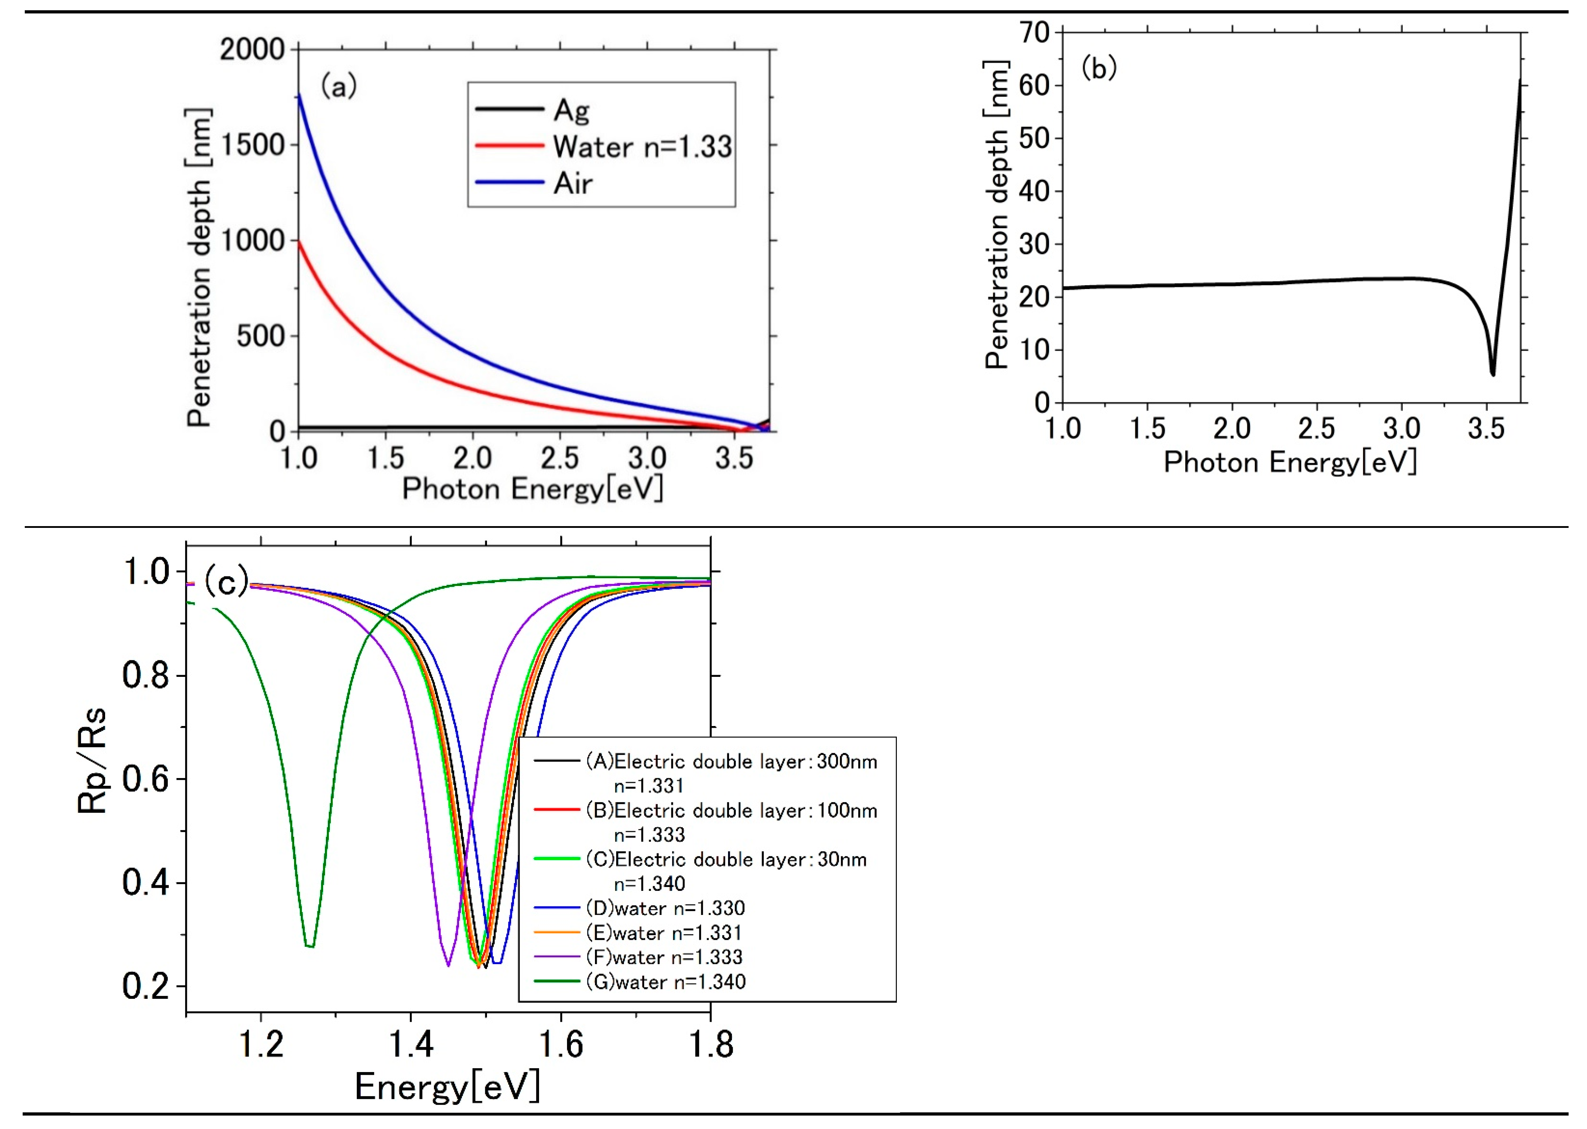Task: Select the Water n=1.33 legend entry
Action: coord(641,147)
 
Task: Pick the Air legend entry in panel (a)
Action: coord(572,184)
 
